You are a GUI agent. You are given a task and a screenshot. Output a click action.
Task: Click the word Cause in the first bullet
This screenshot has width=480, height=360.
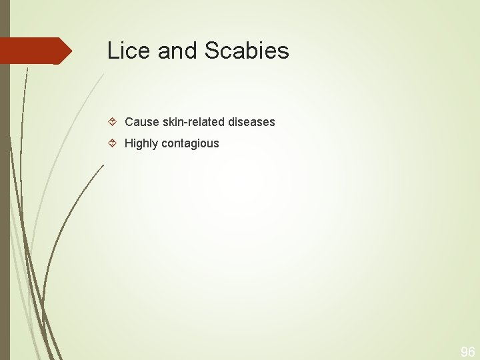pyautogui.click(x=142, y=122)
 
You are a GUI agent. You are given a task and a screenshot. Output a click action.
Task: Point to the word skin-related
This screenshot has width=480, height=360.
pyautogui.click(x=194, y=122)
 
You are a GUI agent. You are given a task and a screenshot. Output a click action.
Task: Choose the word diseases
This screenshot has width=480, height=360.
pyautogui.click(x=251, y=122)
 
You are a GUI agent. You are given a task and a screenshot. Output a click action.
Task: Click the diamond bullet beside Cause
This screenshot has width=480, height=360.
pyautogui.click(x=113, y=122)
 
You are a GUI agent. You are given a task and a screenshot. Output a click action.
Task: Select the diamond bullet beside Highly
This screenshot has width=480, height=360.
pyautogui.click(x=113, y=143)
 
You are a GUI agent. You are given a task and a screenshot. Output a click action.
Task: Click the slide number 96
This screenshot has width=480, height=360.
pyautogui.click(x=468, y=352)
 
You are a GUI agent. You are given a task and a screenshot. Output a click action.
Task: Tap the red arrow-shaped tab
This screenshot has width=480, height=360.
pyautogui.click(x=33, y=51)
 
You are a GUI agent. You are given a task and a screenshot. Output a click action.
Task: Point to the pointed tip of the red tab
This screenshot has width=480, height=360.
pyautogui.click(x=70, y=51)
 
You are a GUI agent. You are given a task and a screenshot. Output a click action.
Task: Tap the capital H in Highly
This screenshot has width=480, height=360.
pyautogui.click(x=129, y=143)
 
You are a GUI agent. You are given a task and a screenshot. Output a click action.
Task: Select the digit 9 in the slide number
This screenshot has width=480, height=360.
pyautogui.click(x=464, y=352)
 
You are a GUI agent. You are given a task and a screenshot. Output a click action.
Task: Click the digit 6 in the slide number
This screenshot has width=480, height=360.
pyautogui.click(x=471, y=352)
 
